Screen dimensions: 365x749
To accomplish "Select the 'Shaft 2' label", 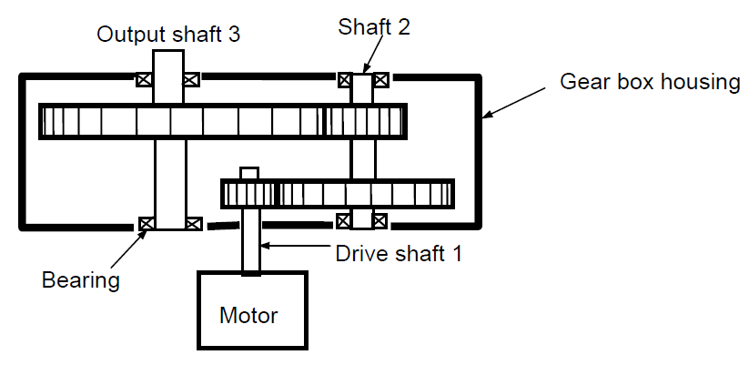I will click(x=374, y=26).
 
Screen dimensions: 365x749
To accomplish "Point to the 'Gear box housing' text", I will click(x=650, y=82).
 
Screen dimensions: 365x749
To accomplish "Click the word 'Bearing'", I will click(x=81, y=279).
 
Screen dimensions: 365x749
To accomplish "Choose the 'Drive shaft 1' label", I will click(x=397, y=253).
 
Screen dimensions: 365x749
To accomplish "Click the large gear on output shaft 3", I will click(x=181, y=121).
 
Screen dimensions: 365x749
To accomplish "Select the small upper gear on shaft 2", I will click(x=365, y=121).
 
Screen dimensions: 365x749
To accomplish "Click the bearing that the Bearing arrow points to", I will click(x=144, y=223).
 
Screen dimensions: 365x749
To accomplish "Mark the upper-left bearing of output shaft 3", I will click(x=144, y=79).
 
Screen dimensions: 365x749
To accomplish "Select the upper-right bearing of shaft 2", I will click(x=380, y=79).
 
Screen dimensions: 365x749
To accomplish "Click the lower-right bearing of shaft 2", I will click(x=380, y=220).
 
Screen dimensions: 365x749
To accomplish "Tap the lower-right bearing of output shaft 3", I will click(x=193, y=223).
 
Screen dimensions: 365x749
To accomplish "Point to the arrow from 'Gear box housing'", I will click(x=520, y=100).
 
